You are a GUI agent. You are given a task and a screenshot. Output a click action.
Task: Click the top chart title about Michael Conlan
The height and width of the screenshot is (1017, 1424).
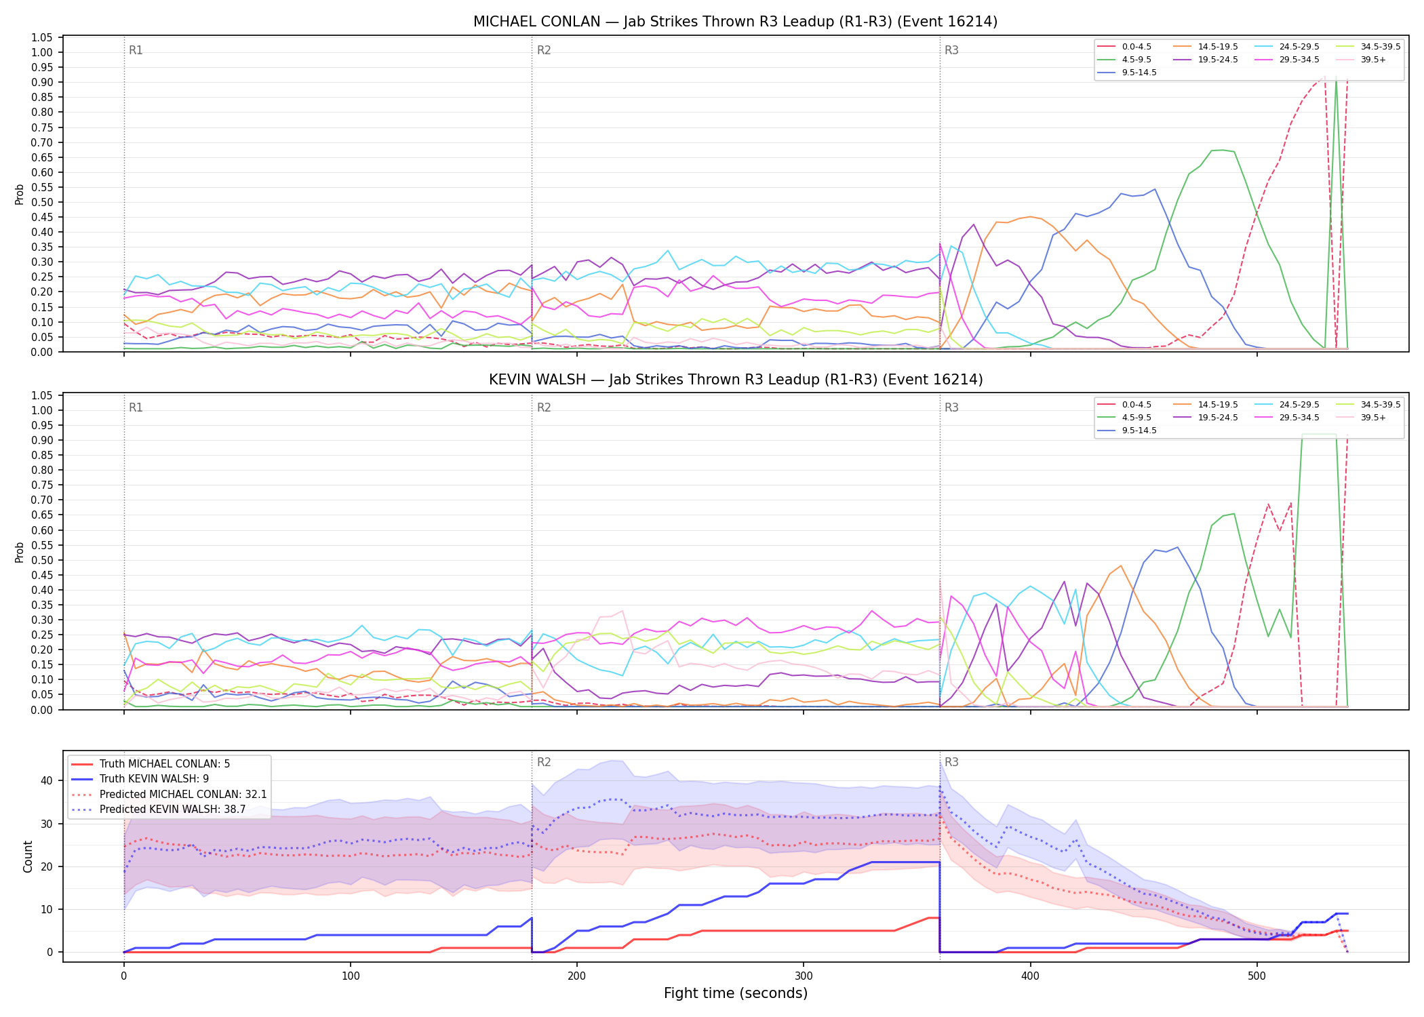(x=735, y=22)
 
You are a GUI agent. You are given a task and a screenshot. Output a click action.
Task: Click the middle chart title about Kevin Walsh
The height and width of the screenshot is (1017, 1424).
(x=736, y=380)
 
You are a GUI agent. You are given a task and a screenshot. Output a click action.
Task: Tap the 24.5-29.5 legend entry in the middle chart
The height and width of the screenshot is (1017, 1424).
(x=1287, y=405)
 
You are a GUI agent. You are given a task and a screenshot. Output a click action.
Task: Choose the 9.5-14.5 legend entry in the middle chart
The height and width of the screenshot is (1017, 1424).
(x=1127, y=431)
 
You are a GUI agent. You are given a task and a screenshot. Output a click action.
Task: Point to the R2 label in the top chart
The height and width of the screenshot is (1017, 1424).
(x=544, y=50)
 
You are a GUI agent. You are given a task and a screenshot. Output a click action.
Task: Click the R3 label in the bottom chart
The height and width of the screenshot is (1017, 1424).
(x=951, y=762)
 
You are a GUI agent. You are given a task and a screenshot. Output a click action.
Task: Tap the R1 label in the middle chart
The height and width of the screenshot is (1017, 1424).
(x=136, y=407)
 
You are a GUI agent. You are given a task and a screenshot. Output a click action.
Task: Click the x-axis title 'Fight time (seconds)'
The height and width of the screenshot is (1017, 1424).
(x=736, y=993)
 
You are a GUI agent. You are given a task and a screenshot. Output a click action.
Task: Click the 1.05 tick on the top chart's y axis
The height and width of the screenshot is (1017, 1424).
(x=42, y=37)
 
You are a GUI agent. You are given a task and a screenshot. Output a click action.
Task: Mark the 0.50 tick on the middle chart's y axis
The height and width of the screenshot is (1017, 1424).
(x=42, y=560)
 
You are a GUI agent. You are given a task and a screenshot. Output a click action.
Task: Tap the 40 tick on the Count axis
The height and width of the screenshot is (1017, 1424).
(x=47, y=780)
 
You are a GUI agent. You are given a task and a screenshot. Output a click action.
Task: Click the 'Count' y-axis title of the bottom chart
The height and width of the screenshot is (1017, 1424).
(x=28, y=856)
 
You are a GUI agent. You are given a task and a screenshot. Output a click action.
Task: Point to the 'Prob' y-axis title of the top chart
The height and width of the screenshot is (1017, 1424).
(x=20, y=195)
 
